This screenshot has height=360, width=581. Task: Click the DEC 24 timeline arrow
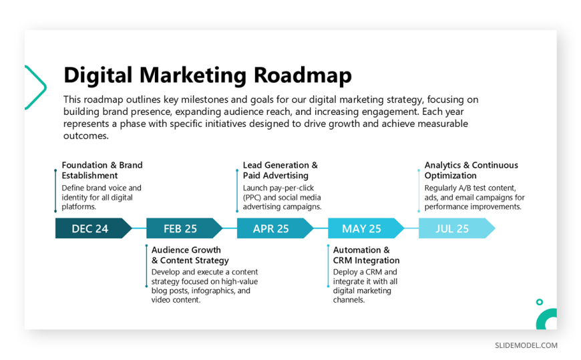pos(93,228)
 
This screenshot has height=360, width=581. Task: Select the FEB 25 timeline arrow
pos(184,228)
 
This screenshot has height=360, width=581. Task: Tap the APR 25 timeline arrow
pos(275,228)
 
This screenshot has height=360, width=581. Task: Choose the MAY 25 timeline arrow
pos(366,228)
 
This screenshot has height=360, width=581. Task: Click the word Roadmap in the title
pos(303,75)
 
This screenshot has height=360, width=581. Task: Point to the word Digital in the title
pos(98,75)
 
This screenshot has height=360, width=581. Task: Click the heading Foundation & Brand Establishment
pos(102,170)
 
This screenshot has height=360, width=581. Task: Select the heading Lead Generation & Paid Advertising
pos(280,170)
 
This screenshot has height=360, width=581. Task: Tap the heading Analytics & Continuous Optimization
pos(471,170)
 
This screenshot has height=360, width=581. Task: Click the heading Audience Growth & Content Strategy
pos(190,255)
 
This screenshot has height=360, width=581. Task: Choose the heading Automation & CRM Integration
pos(366,255)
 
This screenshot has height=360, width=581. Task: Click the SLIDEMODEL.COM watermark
pos(526,345)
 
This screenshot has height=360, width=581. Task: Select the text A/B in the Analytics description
pos(465,188)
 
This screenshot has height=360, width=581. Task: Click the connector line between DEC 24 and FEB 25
pos(140,228)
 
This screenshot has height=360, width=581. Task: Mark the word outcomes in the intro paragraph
pos(86,136)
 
